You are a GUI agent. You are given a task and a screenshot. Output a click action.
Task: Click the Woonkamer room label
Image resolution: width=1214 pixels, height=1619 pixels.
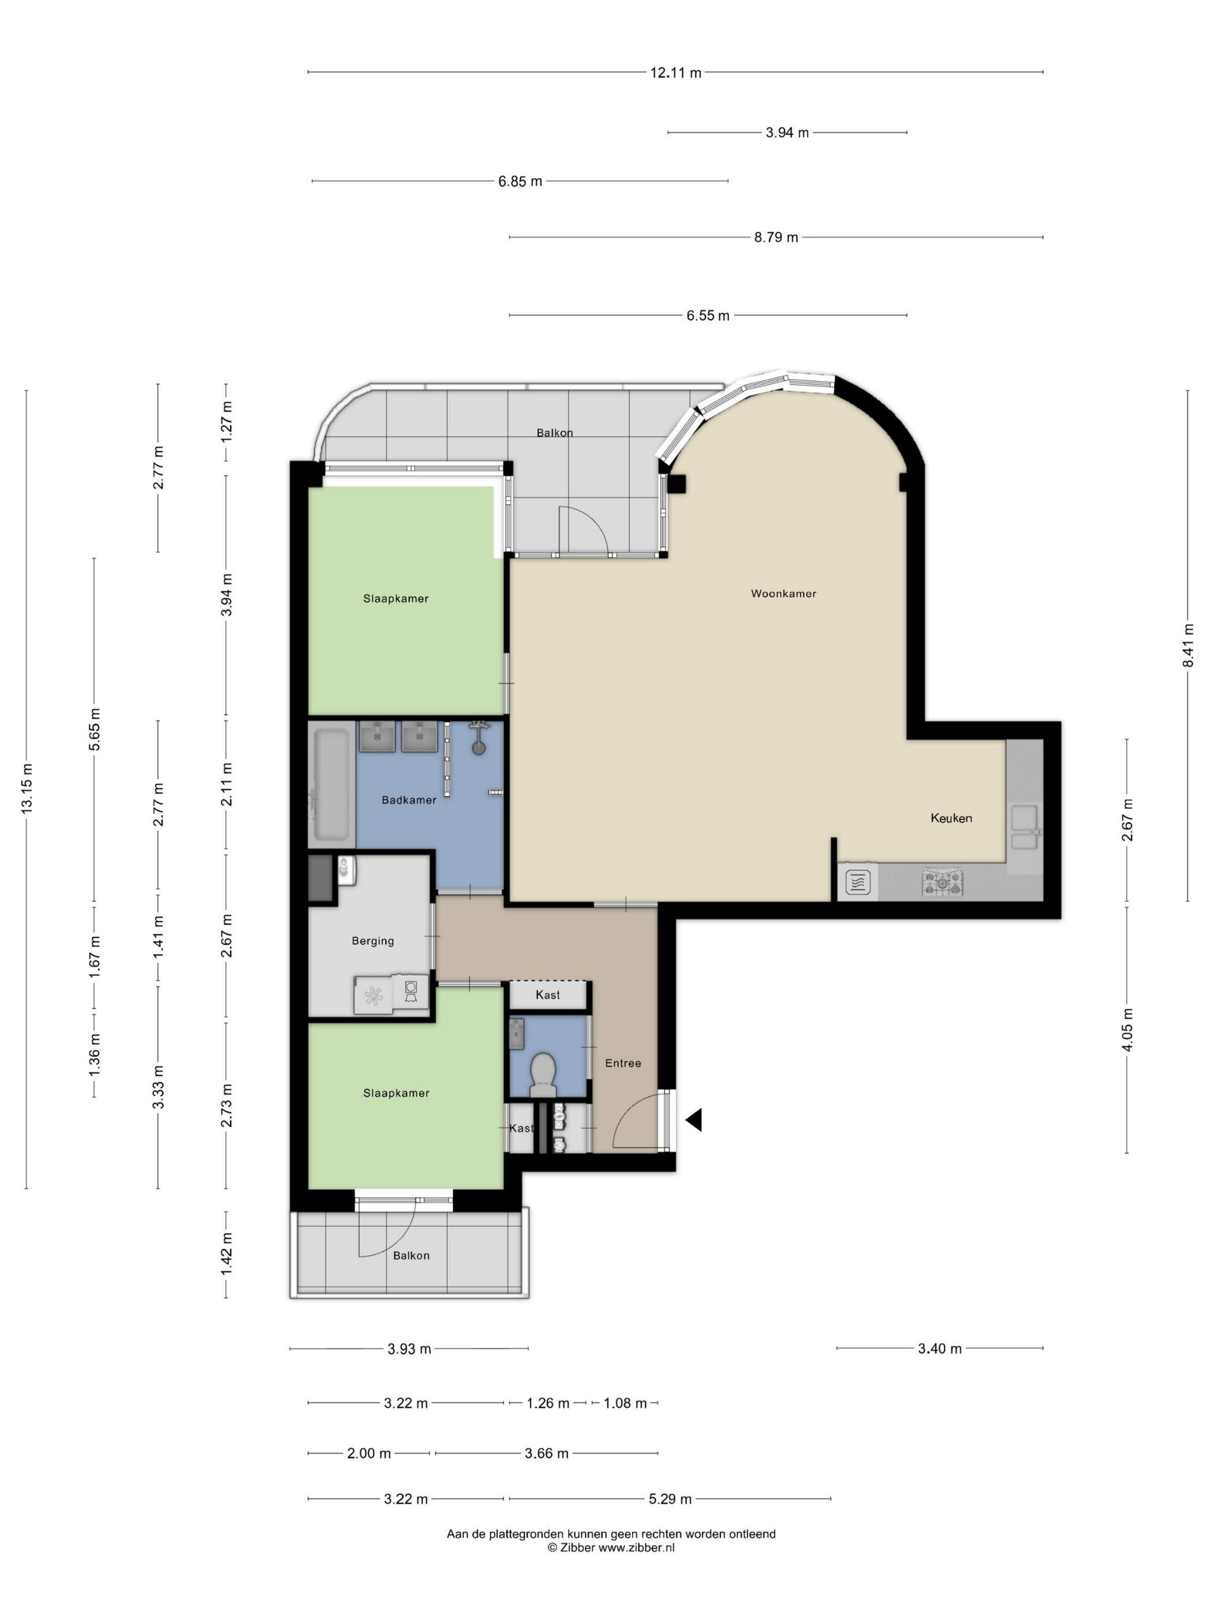pyautogui.click(x=783, y=594)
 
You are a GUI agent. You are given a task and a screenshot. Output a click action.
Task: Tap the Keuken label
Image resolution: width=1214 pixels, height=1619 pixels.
pyautogui.click(x=952, y=818)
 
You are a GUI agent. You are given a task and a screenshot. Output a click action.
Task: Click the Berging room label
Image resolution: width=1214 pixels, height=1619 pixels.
pyautogui.click(x=372, y=941)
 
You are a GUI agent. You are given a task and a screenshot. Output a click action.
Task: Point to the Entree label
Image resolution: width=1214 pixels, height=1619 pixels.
pyautogui.click(x=623, y=1063)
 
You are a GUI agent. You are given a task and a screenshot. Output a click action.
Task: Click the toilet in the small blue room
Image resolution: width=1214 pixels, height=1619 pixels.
pyautogui.click(x=543, y=1073)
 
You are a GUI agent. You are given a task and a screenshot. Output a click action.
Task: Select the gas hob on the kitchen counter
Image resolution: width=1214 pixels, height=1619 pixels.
pyautogui.click(x=943, y=883)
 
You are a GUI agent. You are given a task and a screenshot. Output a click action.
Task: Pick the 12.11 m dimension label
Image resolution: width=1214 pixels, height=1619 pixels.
pyautogui.click(x=675, y=72)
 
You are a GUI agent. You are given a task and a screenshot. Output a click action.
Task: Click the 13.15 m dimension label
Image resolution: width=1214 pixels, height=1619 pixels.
pyautogui.click(x=27, y=788)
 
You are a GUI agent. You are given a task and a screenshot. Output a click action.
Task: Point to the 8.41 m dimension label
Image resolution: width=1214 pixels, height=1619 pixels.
pyautogui.click(x=1189, y=645)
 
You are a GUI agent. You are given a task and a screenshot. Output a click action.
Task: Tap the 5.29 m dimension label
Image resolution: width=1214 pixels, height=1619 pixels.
pyautogui.click(x=670, y=1499)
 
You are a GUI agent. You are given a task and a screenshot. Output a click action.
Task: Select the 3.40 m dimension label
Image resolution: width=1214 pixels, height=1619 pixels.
pyautogui.click(x=939, y=1349)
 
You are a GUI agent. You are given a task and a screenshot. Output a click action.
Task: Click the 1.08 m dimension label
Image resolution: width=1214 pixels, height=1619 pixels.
pyautogui.click(x=625, y=1403)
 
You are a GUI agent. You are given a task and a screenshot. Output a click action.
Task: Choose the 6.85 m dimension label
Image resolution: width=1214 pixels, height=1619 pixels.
pyautogui.click(x=520, y=182)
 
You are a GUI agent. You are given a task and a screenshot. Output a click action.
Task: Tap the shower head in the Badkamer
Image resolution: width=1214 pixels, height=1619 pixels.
pyautogui.click(x=479, y=738)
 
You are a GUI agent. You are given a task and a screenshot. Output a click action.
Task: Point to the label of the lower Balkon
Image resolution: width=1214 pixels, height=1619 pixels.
pyautogui.click(x=411, y=1256)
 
